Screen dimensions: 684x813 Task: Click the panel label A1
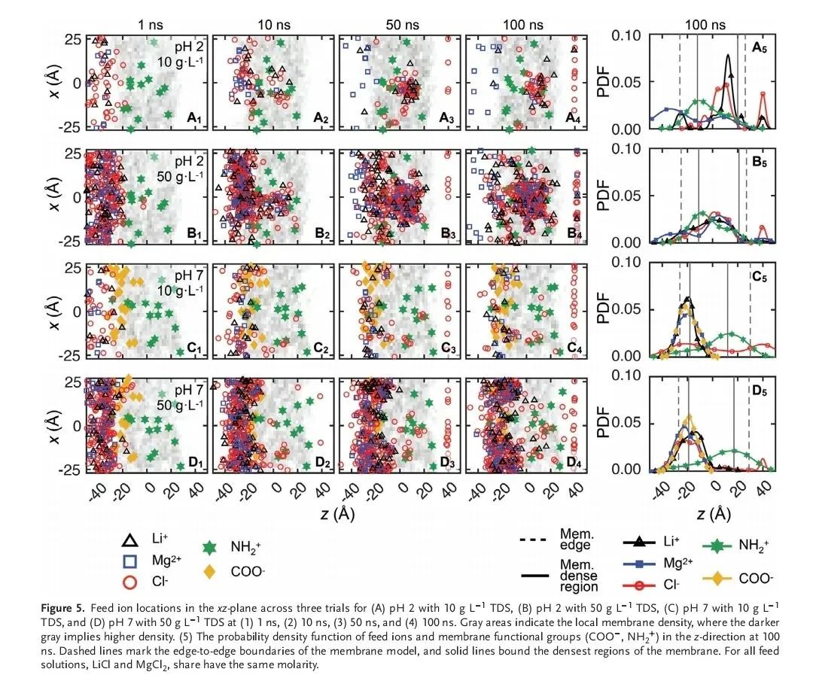[x=194, y=119]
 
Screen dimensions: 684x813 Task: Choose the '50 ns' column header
[x=397, y=23]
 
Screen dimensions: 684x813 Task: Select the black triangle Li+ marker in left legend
[x=130, y=540]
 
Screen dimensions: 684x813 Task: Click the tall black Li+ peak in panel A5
[x=728, y=56]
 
